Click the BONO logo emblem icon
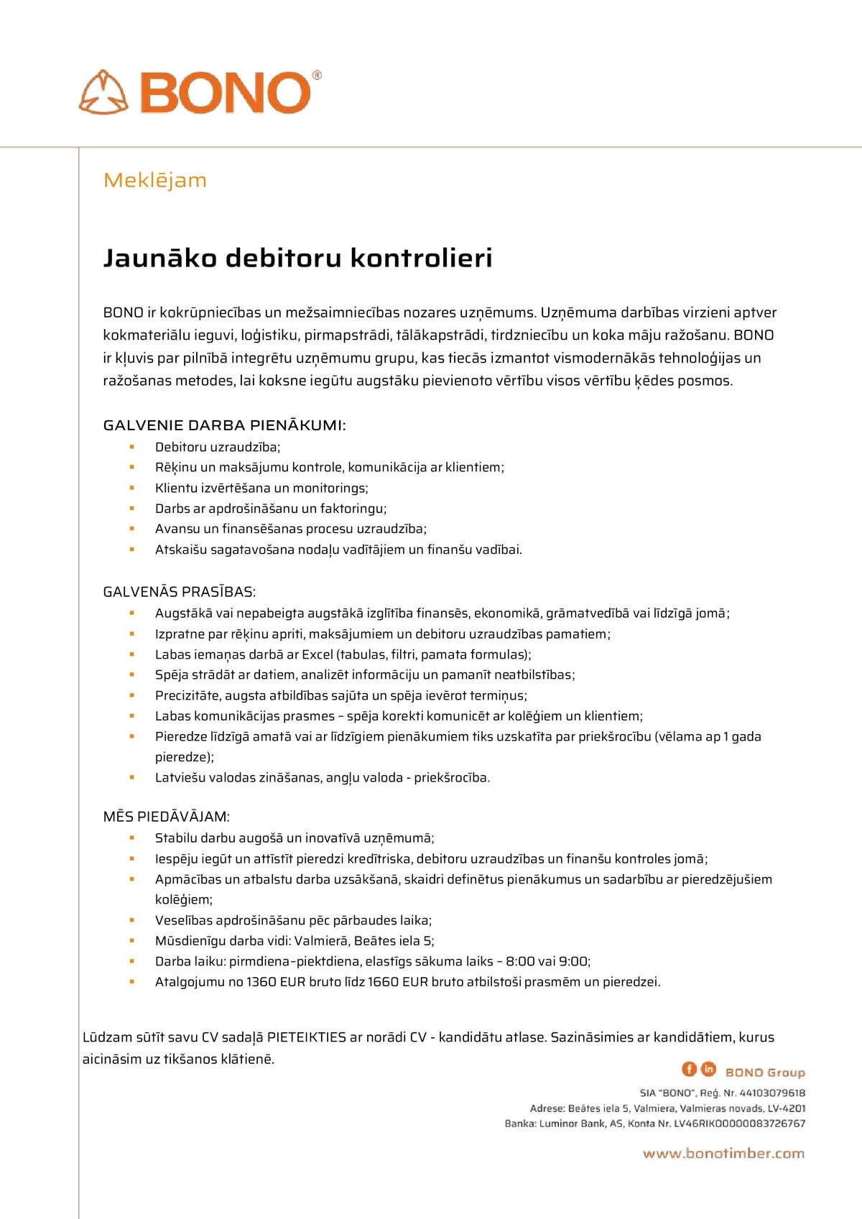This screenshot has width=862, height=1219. point(103,93)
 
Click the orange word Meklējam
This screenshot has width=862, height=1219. point(155,180)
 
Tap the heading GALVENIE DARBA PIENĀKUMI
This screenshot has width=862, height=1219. point(224,425)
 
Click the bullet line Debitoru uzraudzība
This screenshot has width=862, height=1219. point(217,447)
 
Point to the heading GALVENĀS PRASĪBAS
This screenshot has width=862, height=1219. point(179,592)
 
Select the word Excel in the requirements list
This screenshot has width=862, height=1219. point(318,654)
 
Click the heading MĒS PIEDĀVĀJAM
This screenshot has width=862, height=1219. point(166,817)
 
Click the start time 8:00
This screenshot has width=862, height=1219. point(520,961)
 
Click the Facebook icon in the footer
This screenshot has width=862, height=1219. point(689,1069)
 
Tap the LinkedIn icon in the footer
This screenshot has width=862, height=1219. point(708,1069)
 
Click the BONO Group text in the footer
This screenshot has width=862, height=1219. point(765,1072)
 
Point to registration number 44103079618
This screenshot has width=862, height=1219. point(772,1093)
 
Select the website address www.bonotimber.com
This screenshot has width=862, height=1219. point(723,1154)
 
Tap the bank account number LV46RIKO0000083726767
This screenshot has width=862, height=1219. point(739,1123)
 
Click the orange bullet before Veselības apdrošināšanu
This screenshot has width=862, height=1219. point(132,920)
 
